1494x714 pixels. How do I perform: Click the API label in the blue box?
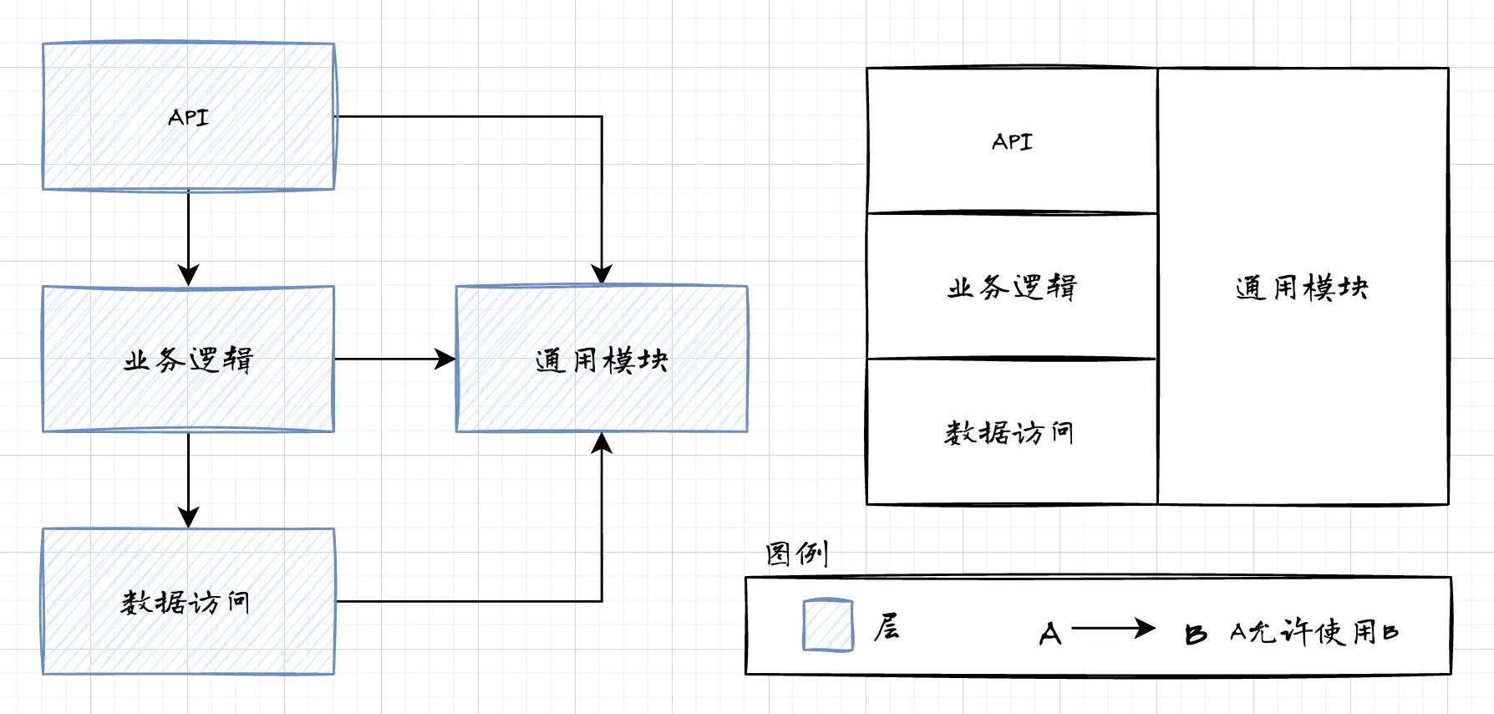click(x=188, y=117)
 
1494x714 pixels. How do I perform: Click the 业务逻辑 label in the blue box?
click(x=188, y=360)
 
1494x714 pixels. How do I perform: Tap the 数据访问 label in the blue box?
click(x=185, y=602)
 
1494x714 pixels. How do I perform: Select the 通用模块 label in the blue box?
click(x=602, y=360)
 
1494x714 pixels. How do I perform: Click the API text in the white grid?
click(x=1012, y=142)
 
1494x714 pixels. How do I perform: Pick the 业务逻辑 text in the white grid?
click(x=1012, y=288)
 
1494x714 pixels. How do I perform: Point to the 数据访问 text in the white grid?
click(x=1009, y=433)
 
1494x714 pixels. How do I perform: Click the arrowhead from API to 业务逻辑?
click(x=189, y=275)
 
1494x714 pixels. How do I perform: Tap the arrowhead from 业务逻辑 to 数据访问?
click(x=189, y=517)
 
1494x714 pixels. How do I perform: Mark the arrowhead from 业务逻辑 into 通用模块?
click(x=445, y=360)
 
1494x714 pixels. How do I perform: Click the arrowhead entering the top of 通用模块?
click(x=602, y=274)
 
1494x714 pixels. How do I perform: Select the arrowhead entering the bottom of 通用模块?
click(x=602, y=443)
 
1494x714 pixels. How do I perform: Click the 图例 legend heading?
click(x=796, y=553)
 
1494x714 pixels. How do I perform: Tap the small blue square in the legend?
click(x=828, y=625)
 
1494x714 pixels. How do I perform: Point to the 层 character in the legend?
click(x=887, y=627)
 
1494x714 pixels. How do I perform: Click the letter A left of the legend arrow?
click(x=1050, y=634)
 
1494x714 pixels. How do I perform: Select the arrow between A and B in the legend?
click(x=1113, y=628)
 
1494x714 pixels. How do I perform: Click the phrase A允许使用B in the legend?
click(x=1314, y=632)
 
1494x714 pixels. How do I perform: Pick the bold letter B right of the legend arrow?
click(x=1196, y=635)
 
